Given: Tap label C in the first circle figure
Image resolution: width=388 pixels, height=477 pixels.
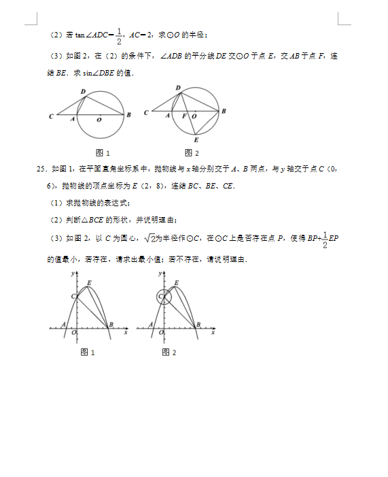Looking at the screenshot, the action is (x=51, y=117).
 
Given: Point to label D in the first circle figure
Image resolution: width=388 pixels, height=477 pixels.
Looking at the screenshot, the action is (x=82, y=91).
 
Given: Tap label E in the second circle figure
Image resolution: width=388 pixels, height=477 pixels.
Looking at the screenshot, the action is (x=196, y=139).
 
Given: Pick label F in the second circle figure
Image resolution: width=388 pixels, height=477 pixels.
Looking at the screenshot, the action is (x=184, y=116).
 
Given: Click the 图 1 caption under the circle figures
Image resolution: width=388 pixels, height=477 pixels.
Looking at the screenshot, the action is (x=103, y=152).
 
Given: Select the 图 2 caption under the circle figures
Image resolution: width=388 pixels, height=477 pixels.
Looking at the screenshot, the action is (x=192, y=152).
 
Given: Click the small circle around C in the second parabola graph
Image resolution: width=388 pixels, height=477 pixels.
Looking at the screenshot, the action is (x=163, y=297).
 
